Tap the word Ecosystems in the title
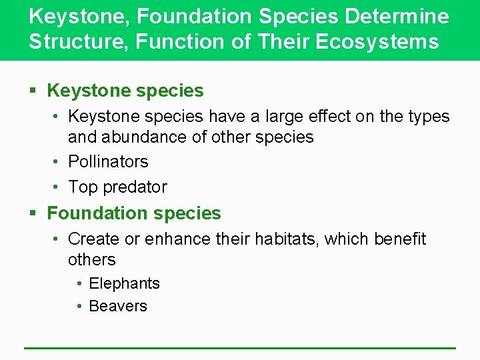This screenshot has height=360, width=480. click(x=377, y=42)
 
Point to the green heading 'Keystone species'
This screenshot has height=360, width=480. click(x=125, y=90)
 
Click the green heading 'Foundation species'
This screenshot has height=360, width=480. click(x=133, y=213)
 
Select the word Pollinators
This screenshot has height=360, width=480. click(x=108, y=161)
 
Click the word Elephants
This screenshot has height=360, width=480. click(x=124, y=283)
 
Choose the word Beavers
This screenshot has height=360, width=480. click(x=118, y=306)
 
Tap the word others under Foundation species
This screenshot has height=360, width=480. click(x=92, y=259)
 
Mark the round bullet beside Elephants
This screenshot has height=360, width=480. click(x=79, y=284)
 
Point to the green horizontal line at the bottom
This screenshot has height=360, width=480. click(x=240, y=347)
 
